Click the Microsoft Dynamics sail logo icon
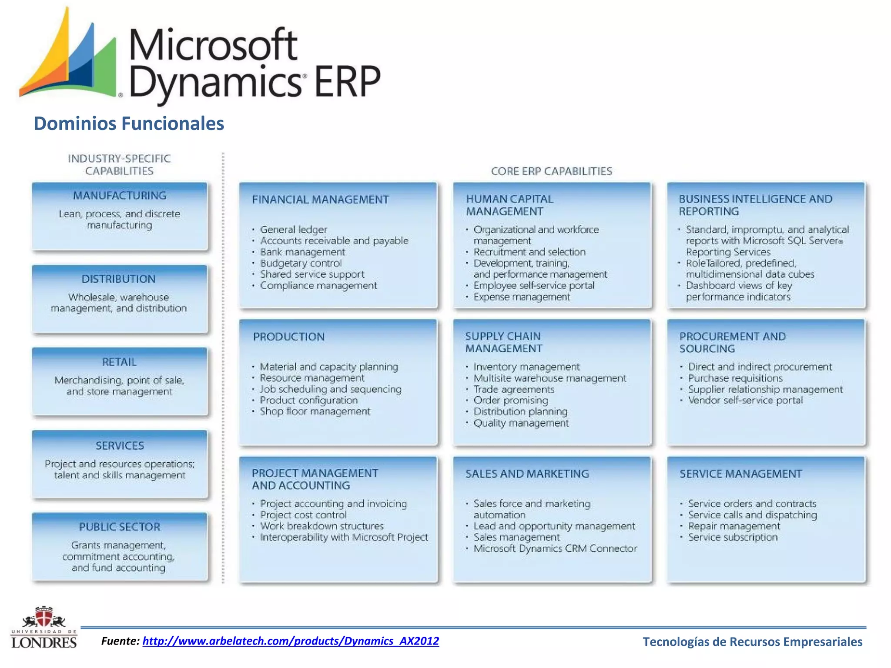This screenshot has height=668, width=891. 70,57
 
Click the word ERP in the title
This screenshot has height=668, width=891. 347,81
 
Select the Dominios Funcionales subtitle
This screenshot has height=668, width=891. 129,124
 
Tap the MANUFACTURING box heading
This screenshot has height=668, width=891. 120,196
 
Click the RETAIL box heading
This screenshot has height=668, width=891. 119,362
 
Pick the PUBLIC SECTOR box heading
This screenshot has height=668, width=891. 120,527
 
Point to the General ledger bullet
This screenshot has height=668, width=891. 293,229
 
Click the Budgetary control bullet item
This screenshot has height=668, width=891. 301,263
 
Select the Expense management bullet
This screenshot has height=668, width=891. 521,297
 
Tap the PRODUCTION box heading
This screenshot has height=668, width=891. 289,337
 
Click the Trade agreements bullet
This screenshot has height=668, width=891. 514,389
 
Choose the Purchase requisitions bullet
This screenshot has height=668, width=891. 735,378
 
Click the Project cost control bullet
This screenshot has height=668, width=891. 303,515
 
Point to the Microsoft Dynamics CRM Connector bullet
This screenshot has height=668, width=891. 555,548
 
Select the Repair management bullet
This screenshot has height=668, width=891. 734,526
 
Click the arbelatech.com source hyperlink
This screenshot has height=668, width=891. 291,641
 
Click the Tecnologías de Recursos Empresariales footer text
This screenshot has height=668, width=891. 752,642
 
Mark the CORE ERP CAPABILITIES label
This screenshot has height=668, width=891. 551,171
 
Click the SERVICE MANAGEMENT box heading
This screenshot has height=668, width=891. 740,474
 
